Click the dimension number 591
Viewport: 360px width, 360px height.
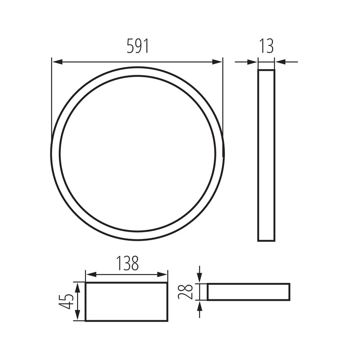click(138, 46)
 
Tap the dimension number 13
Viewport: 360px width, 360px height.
click(266, 46)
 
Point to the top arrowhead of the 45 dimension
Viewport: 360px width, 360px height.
click(77, 287)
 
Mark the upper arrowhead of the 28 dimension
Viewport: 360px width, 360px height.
click(200, 278)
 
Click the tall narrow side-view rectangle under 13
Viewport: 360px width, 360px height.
click(266, 155)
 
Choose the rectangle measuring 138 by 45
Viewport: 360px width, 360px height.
click(126, 302)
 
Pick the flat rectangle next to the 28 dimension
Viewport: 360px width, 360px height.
click(248, 292)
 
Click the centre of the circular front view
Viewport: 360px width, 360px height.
click(138, 153)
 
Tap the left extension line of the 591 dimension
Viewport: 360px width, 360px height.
click(52, 97)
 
